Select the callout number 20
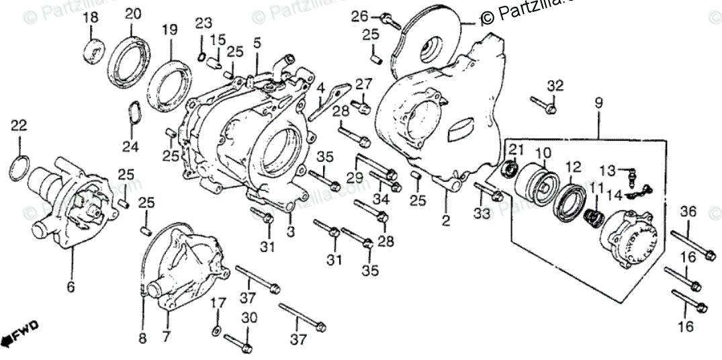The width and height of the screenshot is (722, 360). pos(133,13)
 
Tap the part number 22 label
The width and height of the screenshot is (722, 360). pos(19,126)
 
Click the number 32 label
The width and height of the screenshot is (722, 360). pos(554,85)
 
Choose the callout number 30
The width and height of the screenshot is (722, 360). pos(249,318)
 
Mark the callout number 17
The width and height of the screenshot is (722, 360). pos(216,304)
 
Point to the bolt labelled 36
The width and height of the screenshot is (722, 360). pos(692,245)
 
